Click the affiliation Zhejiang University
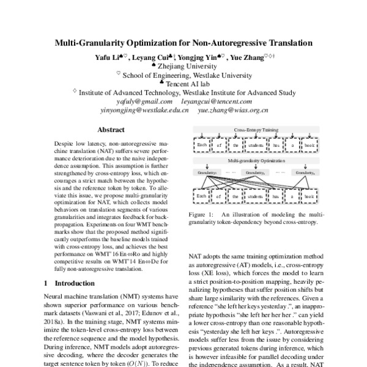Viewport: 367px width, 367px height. pos(187,66)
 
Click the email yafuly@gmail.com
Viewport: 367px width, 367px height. pos(136,101)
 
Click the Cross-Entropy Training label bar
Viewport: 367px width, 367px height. pos(254,130)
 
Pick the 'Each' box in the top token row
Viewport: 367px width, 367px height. pos(202,146)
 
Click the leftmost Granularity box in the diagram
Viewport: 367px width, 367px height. pos(208,173)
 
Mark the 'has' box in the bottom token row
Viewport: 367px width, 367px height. pos(276,198)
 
